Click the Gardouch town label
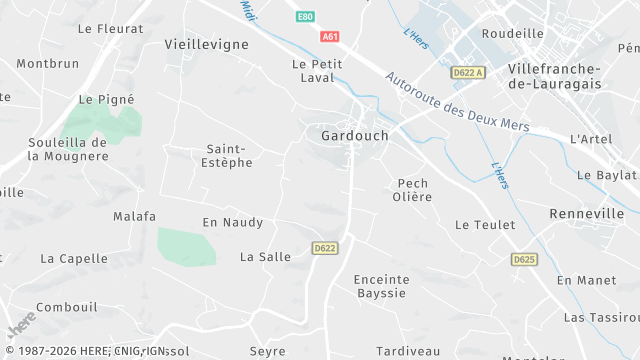(355, 135)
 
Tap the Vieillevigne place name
(205, 45)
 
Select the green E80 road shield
(305, 17)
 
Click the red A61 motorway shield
(330, 36)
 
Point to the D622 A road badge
(467, 72)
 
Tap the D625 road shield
(523, 259)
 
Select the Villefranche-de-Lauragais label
(554, 76)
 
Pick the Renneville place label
(587, 214)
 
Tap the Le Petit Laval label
(317, 71)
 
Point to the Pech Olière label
(412, 190)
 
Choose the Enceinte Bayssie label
(382, 286)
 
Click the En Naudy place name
(232, 222)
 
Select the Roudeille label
(512, 33)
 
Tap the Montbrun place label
(47, 63)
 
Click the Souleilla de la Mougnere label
(67, 149)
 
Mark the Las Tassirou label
(601, 317)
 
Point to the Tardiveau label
(408, 351)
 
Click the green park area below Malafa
(186, 246)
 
